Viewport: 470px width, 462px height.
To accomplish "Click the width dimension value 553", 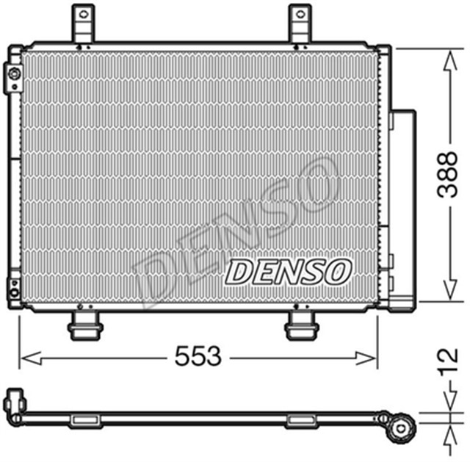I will click(198, 358).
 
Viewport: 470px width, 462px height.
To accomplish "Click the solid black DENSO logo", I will click(288, 271).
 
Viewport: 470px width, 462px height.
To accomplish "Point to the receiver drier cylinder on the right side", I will click(402, 206).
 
